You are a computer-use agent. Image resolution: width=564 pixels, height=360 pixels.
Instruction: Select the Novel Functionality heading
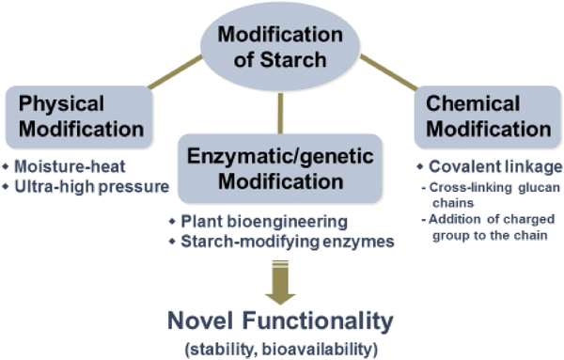pos(281,322)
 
